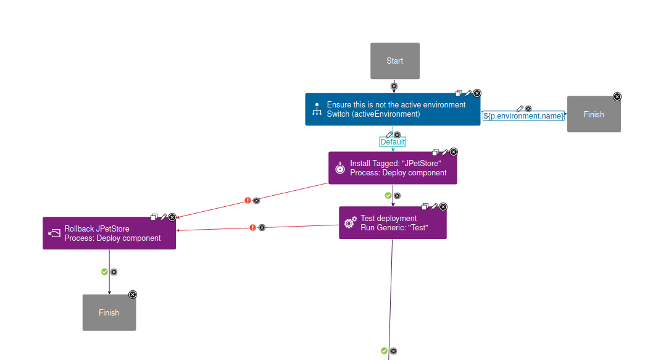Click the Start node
(394, 61)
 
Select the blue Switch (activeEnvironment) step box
(392, 109)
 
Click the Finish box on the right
(593, 114)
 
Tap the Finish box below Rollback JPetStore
(109, 312)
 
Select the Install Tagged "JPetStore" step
(392, 168)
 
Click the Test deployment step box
(392, 223)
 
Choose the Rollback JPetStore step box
(109, 233)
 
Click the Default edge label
(393, 142)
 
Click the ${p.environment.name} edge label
(523, 115)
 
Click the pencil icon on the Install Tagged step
(445, 152)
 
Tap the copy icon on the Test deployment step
(425, 206)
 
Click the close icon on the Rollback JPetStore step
(172, 217)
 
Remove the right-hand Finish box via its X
(617, 96)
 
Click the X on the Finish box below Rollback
(133, 295)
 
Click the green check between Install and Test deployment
(388, 195)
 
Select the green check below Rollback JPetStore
(104, 272)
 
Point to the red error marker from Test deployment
(252, 227)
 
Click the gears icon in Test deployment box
(349, 223)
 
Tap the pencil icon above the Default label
(389, 134)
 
